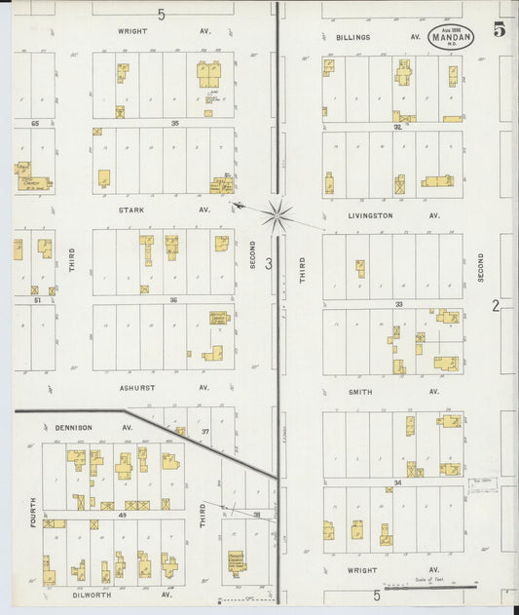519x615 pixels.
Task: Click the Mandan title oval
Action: coord(451,37)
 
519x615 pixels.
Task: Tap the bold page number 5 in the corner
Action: coord(500,29)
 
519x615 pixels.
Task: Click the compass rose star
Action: coord(278,215)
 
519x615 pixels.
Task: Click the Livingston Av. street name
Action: coord(371,215)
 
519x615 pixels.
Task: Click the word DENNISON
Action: coord(73,427)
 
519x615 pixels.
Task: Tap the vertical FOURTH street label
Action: coord(32,513)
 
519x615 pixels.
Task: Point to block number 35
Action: coord(175,124)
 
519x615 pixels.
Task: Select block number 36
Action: coord(174,300)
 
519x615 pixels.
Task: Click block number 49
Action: coord(123,514)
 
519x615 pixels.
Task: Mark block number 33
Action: coord(398,304)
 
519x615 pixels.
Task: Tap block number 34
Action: coord(398,482)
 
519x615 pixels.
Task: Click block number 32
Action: coord(398,127)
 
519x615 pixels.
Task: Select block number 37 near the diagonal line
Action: coord(205,431)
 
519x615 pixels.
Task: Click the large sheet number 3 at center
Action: coord(268,263)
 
